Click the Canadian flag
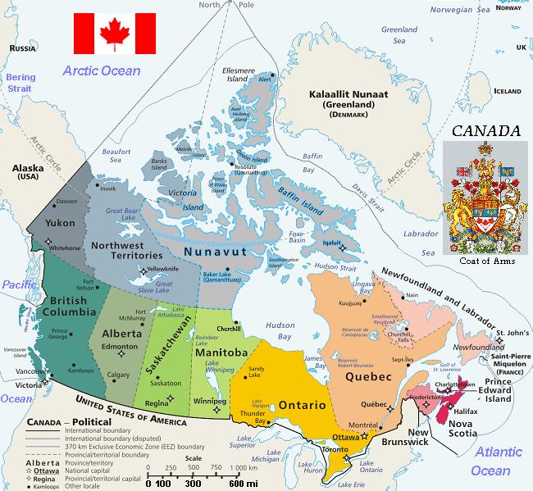tap(114, 33)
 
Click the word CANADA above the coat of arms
tap(487, 131)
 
